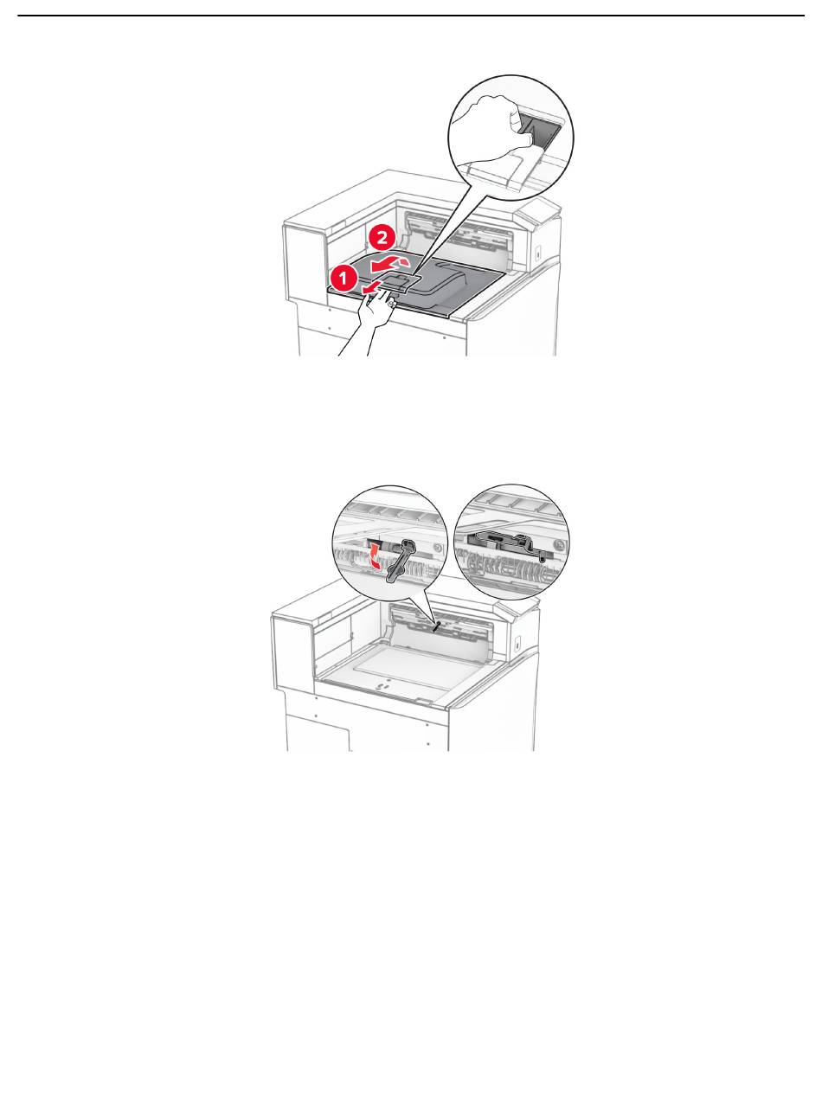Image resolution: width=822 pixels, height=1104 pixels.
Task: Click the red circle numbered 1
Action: [x=344, y=279]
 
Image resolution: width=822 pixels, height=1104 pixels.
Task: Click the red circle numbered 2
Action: [x=382, y=238]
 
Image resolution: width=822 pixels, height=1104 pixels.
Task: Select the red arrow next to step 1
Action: [x=372, y=286]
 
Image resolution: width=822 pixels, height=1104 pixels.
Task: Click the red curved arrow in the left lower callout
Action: [x=376, y=556]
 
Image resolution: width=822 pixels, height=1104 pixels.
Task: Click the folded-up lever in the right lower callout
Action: [x=504, y=543]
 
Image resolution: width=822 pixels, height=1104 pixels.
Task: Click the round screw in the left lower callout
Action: [x=438, y=548]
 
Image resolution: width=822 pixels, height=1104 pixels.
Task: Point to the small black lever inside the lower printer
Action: [x=438, y=626]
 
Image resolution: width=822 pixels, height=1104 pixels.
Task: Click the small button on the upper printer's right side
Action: [x=538, y=253]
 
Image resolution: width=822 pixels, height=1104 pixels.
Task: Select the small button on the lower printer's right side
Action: [x=517, y=643]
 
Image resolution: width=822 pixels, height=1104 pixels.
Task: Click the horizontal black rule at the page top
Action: [x=411, y=16]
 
